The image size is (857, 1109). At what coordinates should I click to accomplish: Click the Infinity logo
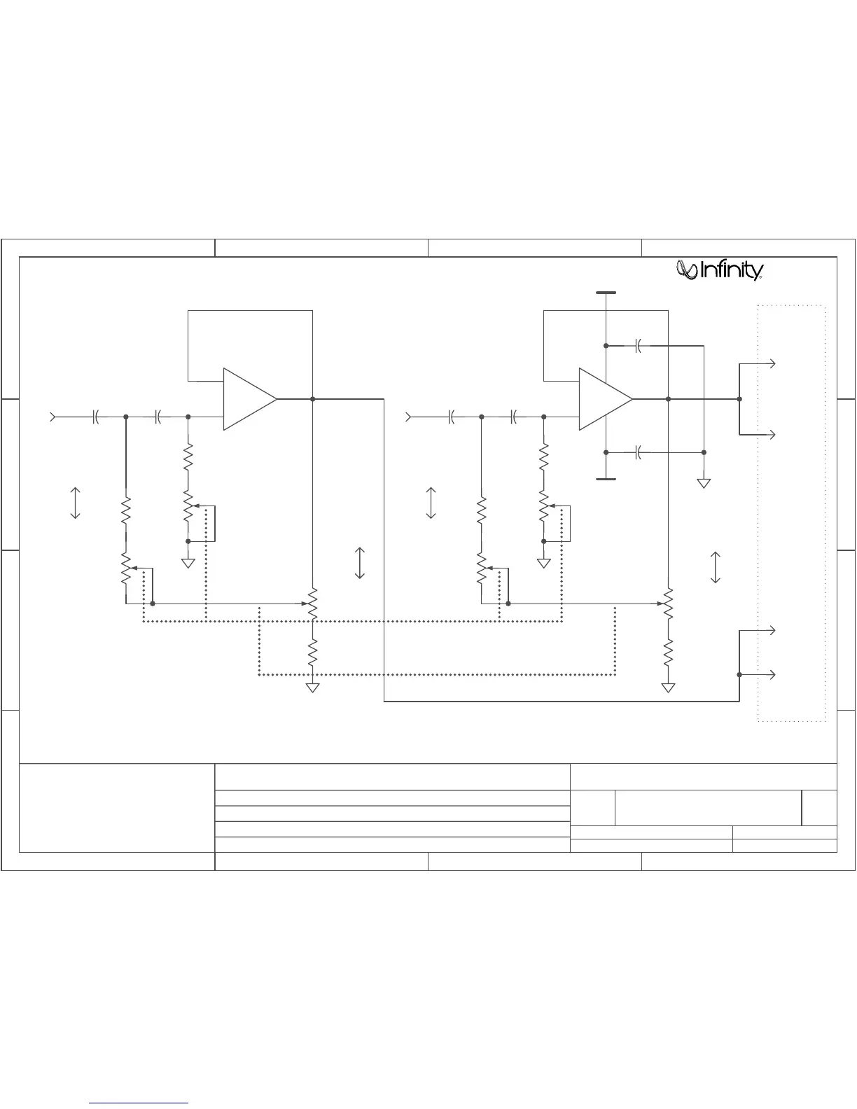click(x=719, y=270)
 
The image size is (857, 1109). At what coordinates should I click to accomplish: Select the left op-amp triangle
click(x=246, y=399)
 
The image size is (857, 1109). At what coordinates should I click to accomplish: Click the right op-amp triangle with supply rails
click(x=602, y=399)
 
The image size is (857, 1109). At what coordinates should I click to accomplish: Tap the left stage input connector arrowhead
click(x=53, y=417)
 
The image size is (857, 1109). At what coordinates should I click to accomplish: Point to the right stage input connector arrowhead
click(x=409, y=417)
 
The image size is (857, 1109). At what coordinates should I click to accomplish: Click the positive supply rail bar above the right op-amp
click(x=606, y=293)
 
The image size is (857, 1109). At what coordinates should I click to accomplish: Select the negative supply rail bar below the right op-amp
click(x=606, y=480)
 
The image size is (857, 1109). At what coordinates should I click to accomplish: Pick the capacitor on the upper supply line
click(x=639, y=345)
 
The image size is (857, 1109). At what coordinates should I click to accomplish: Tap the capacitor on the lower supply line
click(x=639, y=452)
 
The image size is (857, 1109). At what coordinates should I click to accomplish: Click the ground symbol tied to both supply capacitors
click(x=704, y=483)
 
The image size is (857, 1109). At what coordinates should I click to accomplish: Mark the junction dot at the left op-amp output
click(x=313, y=399)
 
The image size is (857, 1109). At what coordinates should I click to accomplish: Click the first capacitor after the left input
click(x=95, y=417)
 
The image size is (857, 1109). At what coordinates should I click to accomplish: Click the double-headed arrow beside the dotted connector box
click(x=716, y=567)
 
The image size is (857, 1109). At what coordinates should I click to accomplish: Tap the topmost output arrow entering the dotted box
click(x=770, y=364)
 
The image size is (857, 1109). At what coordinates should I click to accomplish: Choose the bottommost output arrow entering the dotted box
click(x=770, y=674)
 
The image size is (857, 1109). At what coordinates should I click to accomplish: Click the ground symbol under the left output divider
click(x=313, y=688)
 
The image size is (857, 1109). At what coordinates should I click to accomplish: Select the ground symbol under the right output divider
click(x=669, y=688)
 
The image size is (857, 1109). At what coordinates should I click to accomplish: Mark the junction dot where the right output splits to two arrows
click(x=739, y=399)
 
